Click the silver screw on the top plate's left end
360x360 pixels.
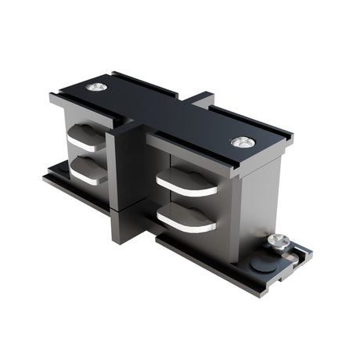click(x=96, y=87)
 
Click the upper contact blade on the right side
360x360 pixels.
click(x=186, y=182)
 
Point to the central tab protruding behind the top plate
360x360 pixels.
click(x=200, y=99)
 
